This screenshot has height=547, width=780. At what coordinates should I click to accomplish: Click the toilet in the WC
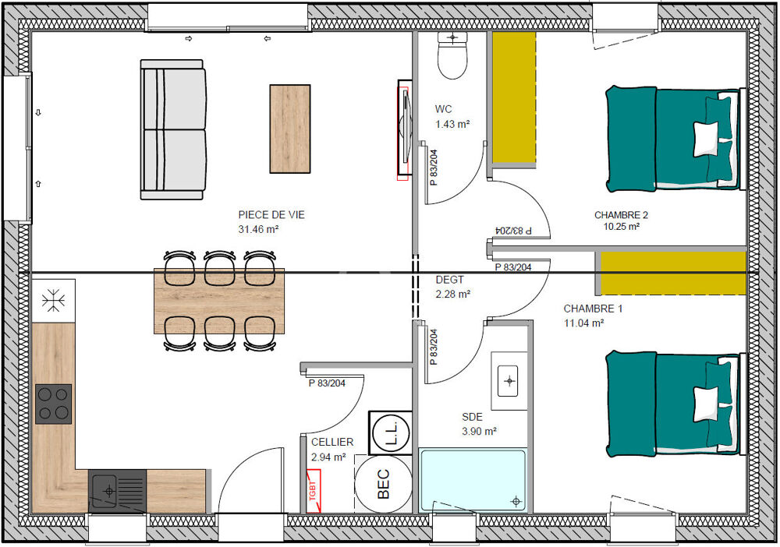pyautogui.click(x=452, y=55)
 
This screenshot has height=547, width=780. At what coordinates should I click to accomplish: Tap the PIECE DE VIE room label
pyautogui.click(x=271, y=214)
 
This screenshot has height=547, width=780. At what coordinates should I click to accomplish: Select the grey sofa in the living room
pyautogui.click(x=173, y=129)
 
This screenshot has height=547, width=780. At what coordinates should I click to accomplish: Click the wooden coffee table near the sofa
pyautogui.click(x=290, y=129)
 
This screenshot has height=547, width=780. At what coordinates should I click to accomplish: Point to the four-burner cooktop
pyautogui.click(x=53, y=404)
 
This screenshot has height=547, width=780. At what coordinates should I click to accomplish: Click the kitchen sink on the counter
pyautogui.click(x=118, y=491)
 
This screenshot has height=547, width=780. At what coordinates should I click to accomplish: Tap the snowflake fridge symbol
pyautogui.click(x=53, y=300)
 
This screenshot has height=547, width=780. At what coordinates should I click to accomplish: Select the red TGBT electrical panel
pyautogui.click(x=314, y=491)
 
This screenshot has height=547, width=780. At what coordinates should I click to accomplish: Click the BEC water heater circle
pyautogui.click(x=383, y=483)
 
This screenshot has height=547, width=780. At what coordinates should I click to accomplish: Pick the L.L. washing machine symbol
pyautogui.click(x=391, y=432)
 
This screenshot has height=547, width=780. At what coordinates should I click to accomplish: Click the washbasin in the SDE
pyautogui.click(x=509, y=381)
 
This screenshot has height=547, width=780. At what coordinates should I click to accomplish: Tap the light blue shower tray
pyautogui.click(x=472, y=480)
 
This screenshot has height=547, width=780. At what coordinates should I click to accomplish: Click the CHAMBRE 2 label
pyautogui.click(x=621, y=215)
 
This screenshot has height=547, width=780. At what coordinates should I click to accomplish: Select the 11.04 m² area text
pyautogui.click(x=583, y=323)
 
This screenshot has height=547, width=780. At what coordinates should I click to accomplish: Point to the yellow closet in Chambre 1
pyautogui.click(x=673, y=273)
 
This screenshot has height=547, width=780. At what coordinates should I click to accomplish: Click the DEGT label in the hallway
pyautogui.click(x=450, y=281)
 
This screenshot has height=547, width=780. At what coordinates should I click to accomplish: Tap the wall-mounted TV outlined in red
pyautogui.click(x=403, y=129)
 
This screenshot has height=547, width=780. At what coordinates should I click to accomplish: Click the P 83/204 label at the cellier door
pyautogui.click(x=327, y=383)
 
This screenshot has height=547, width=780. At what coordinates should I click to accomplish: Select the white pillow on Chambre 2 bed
pyautogui.click(x=706, y=139)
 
